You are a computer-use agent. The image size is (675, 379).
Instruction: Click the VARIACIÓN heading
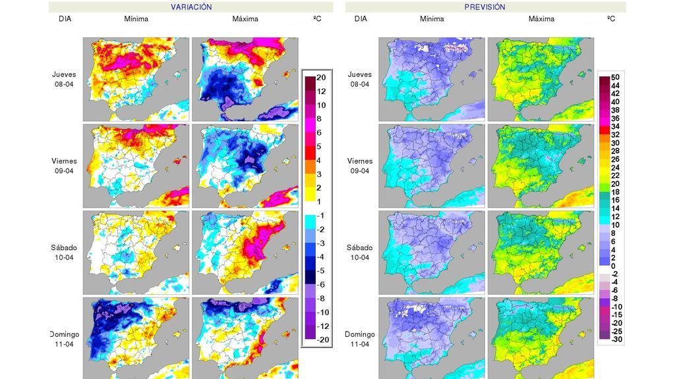191,7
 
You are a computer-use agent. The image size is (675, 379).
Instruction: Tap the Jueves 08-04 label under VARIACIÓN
65,79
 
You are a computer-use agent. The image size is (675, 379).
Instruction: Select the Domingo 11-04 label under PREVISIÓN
360,339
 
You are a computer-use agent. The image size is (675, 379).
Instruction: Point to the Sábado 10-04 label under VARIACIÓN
65,252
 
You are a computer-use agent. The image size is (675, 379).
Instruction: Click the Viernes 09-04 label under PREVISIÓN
360,165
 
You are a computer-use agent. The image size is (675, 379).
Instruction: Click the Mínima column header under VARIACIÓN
136,19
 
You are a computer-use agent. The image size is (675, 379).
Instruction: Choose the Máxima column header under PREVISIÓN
541,19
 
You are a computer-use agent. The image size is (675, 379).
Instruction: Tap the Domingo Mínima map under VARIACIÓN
136,338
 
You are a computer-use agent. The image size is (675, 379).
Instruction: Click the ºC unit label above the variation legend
317,19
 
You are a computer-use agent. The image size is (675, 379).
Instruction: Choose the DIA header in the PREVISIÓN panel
361,19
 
